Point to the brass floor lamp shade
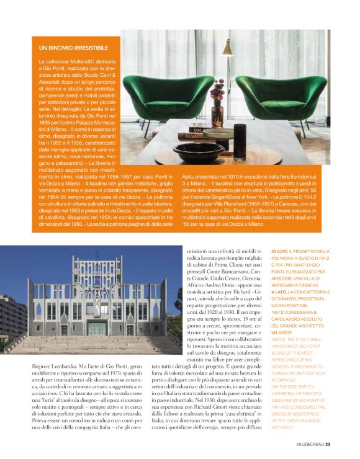tap(227, 49)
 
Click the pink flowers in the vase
tap(217, 93)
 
